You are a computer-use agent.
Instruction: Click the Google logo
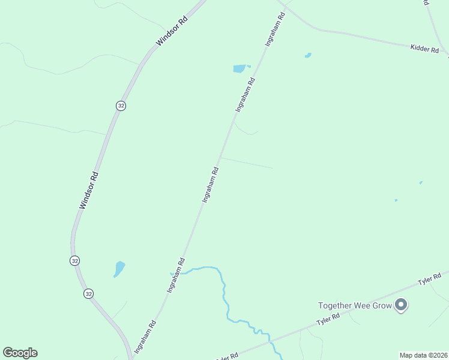[20, 352]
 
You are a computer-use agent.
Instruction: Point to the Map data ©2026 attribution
[423, 355]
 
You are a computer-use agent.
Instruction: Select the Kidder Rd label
[424, 48]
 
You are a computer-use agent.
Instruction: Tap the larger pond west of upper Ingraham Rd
[240, 68]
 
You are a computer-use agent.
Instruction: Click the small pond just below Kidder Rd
[308, 56]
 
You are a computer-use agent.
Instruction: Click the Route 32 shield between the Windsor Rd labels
[121, 105]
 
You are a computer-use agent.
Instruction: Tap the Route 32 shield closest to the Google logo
[89, 293]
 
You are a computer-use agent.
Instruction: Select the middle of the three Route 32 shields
[74, 260]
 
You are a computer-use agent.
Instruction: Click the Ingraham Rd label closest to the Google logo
[145, 336]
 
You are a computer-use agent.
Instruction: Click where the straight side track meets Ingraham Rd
[221, 158]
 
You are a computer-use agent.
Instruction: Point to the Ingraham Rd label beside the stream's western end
[176, 275]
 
